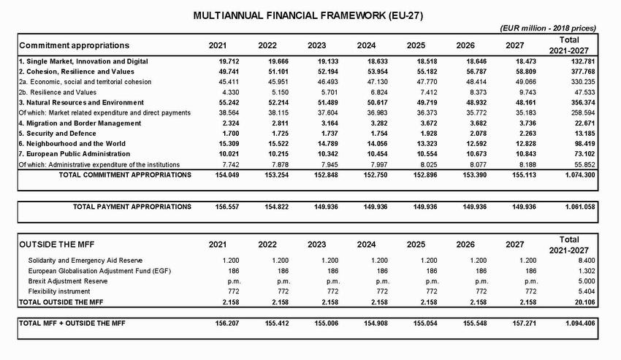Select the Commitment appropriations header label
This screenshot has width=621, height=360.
point(74,45)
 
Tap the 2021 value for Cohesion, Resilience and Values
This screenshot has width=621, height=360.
point(217,72)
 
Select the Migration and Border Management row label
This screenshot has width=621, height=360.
point(79,123)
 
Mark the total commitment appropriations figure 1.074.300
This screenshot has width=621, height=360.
point(573,175)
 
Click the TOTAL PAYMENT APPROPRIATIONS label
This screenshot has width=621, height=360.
point(132,207)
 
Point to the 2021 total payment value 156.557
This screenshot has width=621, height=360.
point(217,207)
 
